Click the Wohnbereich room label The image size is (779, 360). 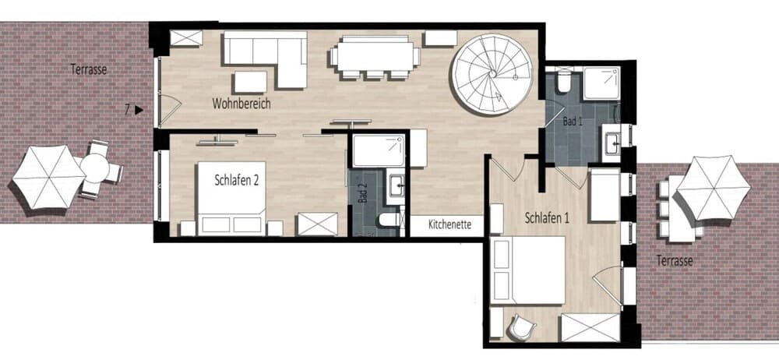coord(241,104)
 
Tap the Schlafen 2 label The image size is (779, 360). coord(237,180)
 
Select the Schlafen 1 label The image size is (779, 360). coord(547,217)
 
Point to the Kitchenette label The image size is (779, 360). coord(449,224)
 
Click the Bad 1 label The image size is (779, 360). coord(573,121)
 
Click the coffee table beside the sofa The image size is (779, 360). coord(250,82)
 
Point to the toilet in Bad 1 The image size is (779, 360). coord(564,82)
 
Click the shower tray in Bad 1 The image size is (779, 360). coord(601,83)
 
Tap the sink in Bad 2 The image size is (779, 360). coord(397,186)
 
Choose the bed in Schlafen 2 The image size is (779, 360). coord(232,198)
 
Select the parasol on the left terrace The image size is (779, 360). coord(48,177)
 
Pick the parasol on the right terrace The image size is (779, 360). coord(714,187)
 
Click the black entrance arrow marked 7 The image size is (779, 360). coord(139,110)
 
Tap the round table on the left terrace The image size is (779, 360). coord(94,168)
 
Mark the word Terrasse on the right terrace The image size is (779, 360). coord(674,260)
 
